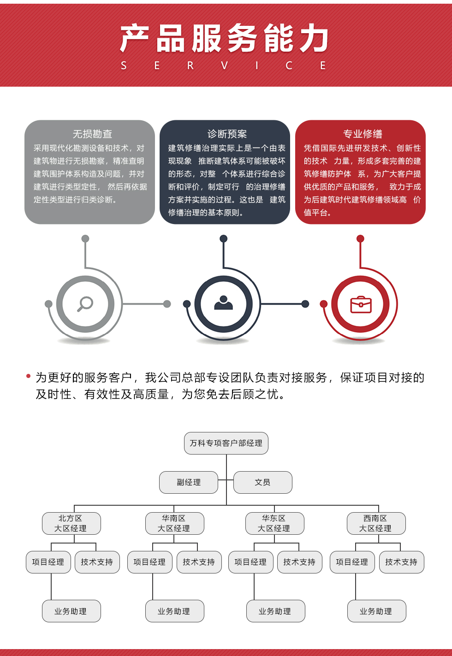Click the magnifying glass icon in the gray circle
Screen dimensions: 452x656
(85, 304)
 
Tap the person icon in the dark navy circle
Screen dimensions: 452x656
(224, 303)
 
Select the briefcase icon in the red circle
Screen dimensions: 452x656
(361, 305)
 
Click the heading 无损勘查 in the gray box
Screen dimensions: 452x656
(92, 134)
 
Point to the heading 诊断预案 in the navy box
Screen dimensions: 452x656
(227, 134)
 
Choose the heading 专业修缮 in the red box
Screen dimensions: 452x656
(363, 134)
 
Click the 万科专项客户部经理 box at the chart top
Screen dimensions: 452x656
(226, 443)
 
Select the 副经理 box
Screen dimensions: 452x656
(189, 482)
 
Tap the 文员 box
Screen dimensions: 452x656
(263, 482)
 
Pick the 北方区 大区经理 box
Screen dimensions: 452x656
(71, 523)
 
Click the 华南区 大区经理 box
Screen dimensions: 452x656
(175, 523)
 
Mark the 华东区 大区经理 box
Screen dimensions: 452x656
(275, 523)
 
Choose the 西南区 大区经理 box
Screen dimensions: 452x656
(376, 523)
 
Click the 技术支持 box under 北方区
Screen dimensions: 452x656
(97, 562)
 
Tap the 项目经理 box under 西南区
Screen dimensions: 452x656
(352, 562)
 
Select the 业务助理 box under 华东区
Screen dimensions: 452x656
(276, 611)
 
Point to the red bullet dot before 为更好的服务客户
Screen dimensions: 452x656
(29, 376)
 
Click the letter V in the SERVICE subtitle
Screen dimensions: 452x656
(225, 65)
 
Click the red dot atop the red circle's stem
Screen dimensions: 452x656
(360, 239)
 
